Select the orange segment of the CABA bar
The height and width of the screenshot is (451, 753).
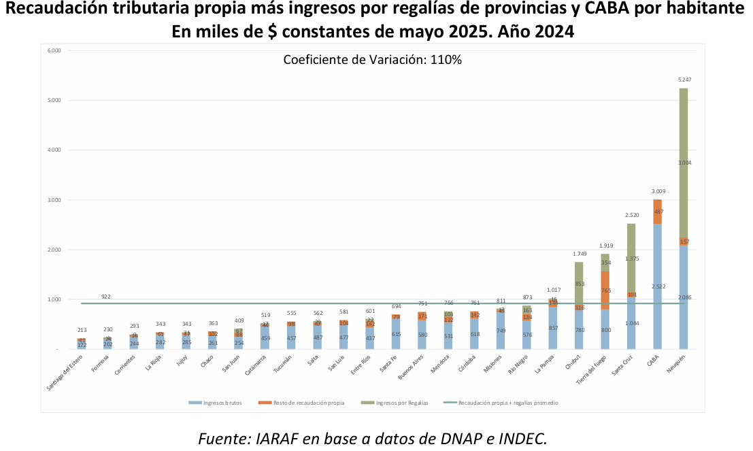(x=657, y=212)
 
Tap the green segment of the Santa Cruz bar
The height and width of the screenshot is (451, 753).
(x=631, y=258)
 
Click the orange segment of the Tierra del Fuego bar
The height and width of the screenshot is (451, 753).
(x=605, y=290)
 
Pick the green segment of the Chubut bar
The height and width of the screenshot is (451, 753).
(x=579, y=284)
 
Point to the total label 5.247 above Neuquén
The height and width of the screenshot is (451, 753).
(x=684, y=80)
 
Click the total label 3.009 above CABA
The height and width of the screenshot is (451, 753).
(x=657, y=192)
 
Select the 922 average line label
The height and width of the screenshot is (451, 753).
(x=106, y=297)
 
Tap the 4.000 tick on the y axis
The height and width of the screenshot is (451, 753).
(x=54, y=150)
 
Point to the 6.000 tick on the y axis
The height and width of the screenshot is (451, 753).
(x=54, y=51)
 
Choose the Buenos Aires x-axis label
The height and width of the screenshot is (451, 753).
(x=413, y=369)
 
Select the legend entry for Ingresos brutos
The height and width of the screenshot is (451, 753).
(x=215, y=403)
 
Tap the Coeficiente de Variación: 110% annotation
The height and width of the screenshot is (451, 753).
(x=372, y=60)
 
